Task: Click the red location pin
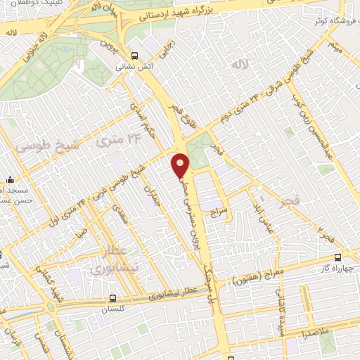181,165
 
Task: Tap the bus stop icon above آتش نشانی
134,56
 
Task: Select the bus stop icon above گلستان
117,298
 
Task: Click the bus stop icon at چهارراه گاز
338,257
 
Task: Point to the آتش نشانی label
134,67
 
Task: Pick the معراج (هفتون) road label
271,268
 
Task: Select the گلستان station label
117,309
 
